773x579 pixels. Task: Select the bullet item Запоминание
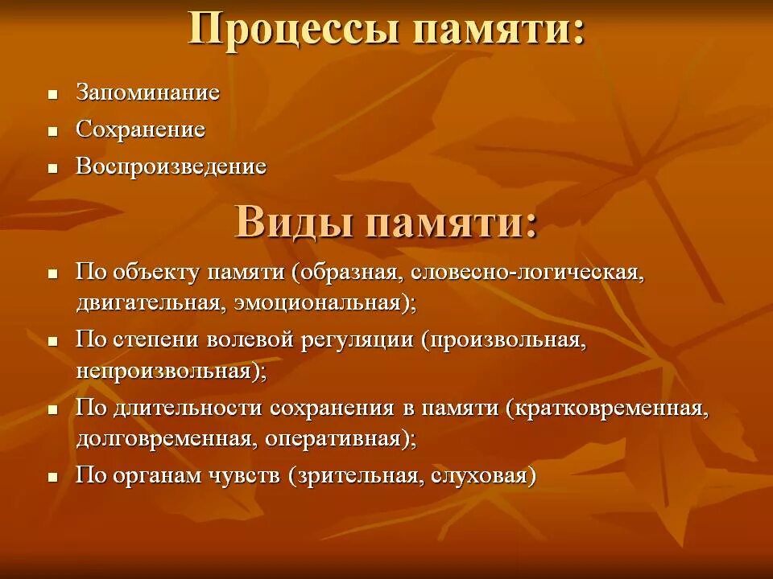(147, 92)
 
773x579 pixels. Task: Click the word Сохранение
(140, 129)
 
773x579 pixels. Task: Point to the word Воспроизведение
(171, 167)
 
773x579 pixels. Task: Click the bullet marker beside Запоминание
(53, 94)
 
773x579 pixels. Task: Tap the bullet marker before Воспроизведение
(53, 169)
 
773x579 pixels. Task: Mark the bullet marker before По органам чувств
(53, 477)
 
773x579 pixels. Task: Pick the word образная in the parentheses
(350, 273)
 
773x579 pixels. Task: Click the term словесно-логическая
(527, 273)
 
